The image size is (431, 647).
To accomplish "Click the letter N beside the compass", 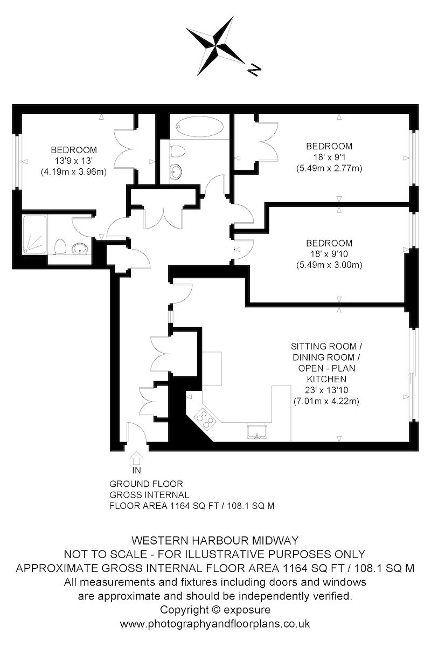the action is click(254, 70).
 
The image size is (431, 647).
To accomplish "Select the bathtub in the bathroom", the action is click(200, 127).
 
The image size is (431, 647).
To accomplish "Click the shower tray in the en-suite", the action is click(34, 235).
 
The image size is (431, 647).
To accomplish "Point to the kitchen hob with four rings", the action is click(205, 419).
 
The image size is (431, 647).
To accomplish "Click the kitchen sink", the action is click(257, 432).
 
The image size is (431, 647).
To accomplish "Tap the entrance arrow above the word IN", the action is click(136, 458).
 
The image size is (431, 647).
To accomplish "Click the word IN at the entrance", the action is click(136, 471).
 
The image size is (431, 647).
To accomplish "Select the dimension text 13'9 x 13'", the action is click(73, 161).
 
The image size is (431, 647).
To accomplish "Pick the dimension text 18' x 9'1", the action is click(329, 157).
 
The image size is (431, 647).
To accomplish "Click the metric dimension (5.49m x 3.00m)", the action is click(329, 265).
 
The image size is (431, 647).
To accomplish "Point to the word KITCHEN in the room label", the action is click(326, 379).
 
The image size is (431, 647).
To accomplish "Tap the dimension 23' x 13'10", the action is click(326, 390).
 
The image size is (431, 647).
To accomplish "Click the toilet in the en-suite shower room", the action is click(61, 247).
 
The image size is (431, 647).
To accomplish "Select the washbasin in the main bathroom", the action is click(176, 172).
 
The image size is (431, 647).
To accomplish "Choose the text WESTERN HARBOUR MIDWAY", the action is click(215, 540).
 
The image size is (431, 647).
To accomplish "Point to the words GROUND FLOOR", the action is click(146, 484).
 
